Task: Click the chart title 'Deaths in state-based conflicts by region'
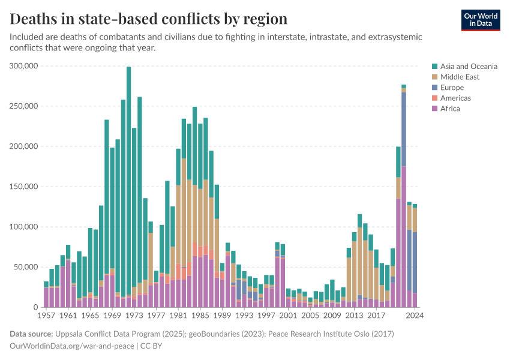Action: [149, 19]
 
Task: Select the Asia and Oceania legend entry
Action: [469, 66]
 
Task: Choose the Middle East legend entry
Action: [460, 77]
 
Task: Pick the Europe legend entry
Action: [452, 88]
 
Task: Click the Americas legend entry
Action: [455, 98]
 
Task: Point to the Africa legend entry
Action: [450, 109]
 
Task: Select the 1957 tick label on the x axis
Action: [46, 315]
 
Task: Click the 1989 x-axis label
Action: [221, 315]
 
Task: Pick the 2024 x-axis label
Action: [415, 315]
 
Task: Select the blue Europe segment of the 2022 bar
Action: [404, 129]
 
